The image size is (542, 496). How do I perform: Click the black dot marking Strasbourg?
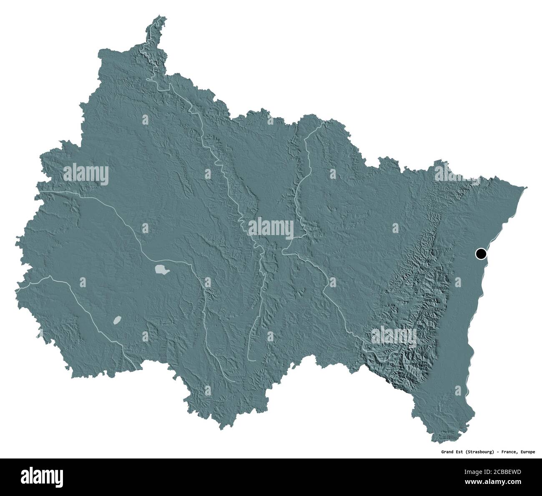[481, 253]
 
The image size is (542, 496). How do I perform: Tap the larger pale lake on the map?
[161, 270]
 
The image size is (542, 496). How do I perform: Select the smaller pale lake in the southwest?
[117, 320]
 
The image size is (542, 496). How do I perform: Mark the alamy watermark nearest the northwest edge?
[86, 174]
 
